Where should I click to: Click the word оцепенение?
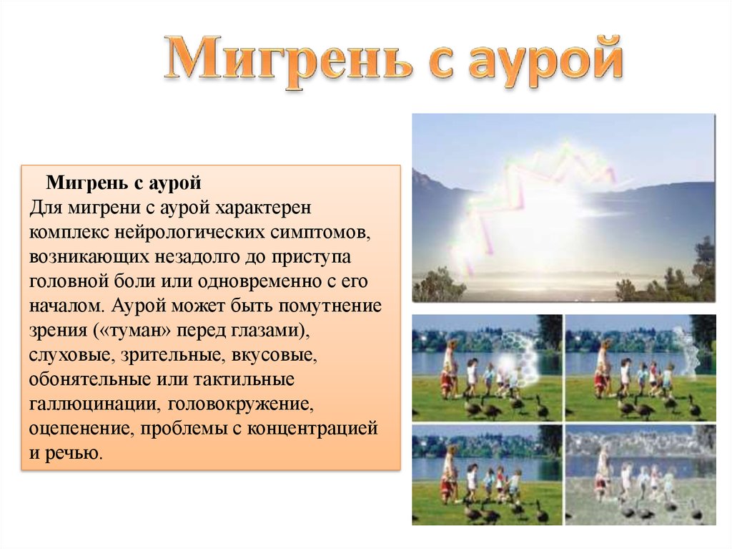pos(81,428)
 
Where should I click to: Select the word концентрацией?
pos(312,428)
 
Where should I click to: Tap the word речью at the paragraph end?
pos(74,452)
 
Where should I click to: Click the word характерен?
pos(263,207)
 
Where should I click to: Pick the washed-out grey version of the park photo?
pos(640,475)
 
